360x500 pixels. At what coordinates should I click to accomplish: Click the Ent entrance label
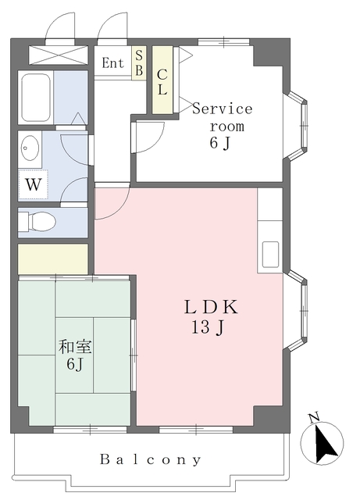coord(112,62)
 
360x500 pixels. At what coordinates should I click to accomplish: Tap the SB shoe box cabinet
coord(139,62)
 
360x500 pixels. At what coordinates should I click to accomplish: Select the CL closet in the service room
coord(162,80)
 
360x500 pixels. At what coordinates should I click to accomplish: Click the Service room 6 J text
coord(223,126)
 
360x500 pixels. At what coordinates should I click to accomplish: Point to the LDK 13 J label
coord(210,317)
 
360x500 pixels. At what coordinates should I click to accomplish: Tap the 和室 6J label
coord(75,355)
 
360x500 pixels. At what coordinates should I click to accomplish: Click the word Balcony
coord(151,460)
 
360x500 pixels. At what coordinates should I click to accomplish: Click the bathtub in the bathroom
coord(36,97)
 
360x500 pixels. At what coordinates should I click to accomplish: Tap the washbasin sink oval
coord(30,148)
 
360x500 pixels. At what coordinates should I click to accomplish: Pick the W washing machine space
coord(33,184)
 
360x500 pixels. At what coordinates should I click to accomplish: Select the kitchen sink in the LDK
coord(270,255)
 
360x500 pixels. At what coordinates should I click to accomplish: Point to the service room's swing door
coord(150,137)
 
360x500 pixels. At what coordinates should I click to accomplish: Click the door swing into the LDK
coord(112,202)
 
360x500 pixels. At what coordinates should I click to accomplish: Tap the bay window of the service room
coord(297,126)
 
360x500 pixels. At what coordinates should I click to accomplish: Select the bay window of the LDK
coord(297,310)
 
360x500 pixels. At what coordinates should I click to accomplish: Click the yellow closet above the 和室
coord(53,259)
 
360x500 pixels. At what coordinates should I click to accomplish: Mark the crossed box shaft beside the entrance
coord(59,55)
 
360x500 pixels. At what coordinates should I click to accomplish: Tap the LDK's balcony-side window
coord(196,429)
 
